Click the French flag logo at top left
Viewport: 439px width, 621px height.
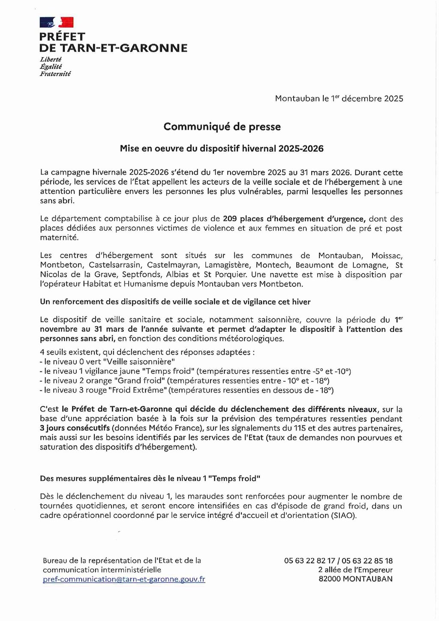pos(57,22)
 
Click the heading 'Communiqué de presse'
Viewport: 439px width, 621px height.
pos(222,127)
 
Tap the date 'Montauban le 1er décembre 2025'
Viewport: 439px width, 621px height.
pos(339,99)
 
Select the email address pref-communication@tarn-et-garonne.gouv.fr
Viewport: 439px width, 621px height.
pos(124,579)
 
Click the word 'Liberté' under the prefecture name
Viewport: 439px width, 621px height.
pos(51,59)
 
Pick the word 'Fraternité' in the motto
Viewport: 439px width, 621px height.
pos(55,74)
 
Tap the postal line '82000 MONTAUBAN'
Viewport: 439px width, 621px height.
pos(355,579)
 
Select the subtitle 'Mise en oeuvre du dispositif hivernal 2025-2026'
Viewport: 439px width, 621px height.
pos(222,149)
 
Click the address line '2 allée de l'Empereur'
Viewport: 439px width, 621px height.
pos(355,570)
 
